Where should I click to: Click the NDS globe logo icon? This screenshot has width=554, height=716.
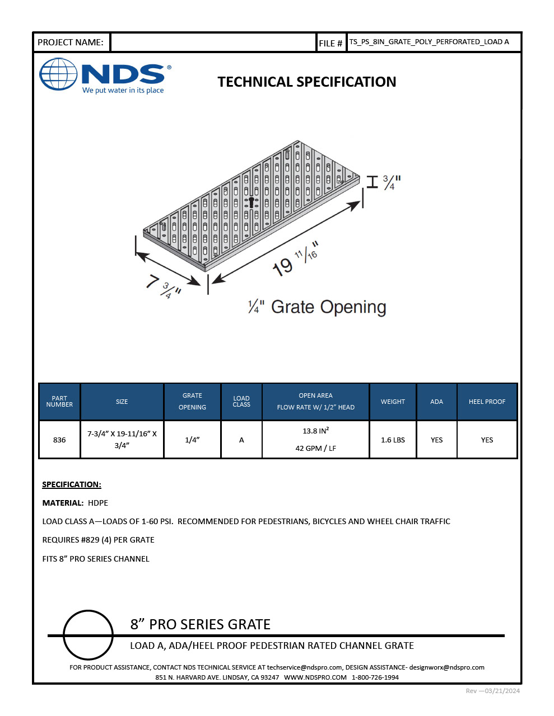(x=58, y=74)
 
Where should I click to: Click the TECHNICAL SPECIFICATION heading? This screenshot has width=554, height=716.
(x=306, y=82)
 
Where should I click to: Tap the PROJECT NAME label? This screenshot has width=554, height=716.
(x=71, y=43)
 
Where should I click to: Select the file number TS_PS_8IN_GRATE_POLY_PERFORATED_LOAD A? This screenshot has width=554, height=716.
(x=429, y=42)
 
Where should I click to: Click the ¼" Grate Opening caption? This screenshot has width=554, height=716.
(x=317, y=307)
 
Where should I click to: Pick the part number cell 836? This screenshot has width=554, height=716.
(x=59, y=440)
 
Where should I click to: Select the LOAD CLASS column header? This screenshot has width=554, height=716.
(x=241, y=402)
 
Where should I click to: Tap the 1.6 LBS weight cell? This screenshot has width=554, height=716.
(x=393, y=440)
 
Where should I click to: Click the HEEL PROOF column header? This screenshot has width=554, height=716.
(x=487, y=402)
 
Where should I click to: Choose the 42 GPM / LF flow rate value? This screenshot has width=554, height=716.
(x=315, y=449)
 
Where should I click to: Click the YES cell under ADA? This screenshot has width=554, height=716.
(x=436, y=440)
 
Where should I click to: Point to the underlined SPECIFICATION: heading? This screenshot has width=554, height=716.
(x=72, y=484)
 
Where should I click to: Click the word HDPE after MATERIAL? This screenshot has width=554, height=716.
(x=98, y=503)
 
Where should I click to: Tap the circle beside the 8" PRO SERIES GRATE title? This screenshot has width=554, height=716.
(x=89, y=635)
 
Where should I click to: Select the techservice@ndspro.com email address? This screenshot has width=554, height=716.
(x=304, y=667)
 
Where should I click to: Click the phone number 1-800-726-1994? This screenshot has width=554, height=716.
(x=375, y=677)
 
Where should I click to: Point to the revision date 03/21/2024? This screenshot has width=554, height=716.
(x=501, y=691)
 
